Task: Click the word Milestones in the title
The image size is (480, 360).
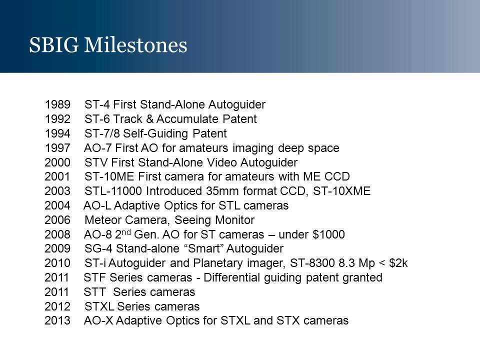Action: pyautogui.click(x=135, y=45)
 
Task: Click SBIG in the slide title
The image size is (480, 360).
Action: pyautogui.click(x=54, y=45)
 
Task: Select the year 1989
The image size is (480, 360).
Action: pyautogui.click(x=57, y=104)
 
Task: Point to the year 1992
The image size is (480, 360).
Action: pyautogui.click(x=57, y=119)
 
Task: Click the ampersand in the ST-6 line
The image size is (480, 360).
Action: pyautogui.click(x=149, y=119)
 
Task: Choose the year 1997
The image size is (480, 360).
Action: pyautogui.click(x=57, y=148)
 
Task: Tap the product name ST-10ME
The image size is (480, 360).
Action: pyautogui.click(x=109, y=176)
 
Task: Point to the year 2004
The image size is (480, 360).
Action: pyautogui.click(x=57, y=205)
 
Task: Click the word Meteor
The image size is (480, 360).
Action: pyautogui.click(x=103, y=220)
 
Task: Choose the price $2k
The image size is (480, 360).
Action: pyautogui.click(x=398, y=263)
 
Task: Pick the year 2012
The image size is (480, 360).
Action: pyautogui.click(x=57, y=306)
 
